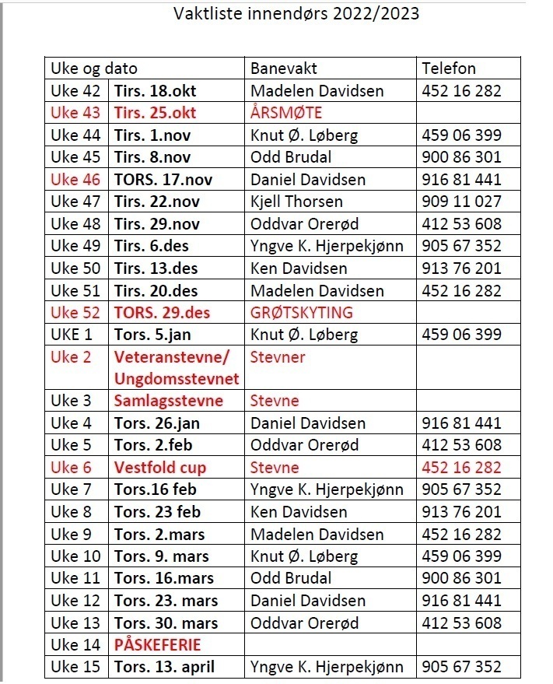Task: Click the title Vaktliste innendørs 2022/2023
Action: pos(296,14)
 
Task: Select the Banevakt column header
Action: pos(283,68)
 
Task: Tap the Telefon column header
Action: pos(449,68)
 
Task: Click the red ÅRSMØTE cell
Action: pos(286,113)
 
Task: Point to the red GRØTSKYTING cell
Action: pos(301,313)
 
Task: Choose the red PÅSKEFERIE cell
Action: pos(157,645)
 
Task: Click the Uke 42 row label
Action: pos(75,91)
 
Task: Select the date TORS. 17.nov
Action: pos(163,180)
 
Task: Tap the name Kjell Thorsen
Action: pos(296,202)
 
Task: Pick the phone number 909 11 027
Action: pos(462,202)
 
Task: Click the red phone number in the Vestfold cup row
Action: pos(462,468)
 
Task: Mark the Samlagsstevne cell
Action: pos(169,401)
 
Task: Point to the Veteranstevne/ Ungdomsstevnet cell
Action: pos(177,368)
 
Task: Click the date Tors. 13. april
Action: pos(164,667)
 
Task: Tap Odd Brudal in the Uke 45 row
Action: pos(291,157)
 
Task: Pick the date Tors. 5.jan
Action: pos(152,335)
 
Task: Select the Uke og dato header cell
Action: pos(93,68)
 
